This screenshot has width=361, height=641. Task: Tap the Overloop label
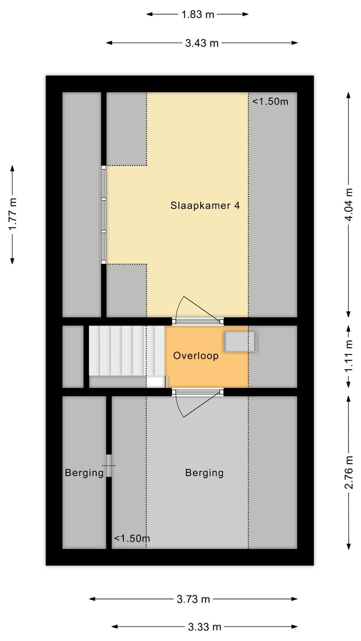pyautogui.click(x=196, y=356)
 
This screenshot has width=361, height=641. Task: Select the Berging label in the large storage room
pyautogui.click(x=204, y=473)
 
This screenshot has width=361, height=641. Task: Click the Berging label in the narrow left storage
pyautogui.click(x=84, y=473)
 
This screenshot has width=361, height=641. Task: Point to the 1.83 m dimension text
pyautogui.click(x=198, y=15)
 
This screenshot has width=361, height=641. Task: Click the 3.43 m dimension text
pyautogui.click(x=202, y=43)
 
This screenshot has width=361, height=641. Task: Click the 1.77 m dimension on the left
pyautogui.click(x=13, y=214)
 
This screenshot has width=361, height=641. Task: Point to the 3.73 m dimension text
pyautogui.click(x=194, y=599)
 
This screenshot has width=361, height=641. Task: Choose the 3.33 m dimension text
pyautogui.click(x=205, y=627)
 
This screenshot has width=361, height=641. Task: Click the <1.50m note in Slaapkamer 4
pyautogui.click(x=270, y=102)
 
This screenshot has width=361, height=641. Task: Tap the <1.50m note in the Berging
pyautogui.click(x=132, y=539)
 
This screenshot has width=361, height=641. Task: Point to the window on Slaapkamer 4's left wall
pyautogui.click(x=104, y=215)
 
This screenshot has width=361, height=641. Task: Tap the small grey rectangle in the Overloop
pyautogui.click(x=241, y=342)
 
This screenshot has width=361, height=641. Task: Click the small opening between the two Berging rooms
pyautogui.click(x=109, y=466)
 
